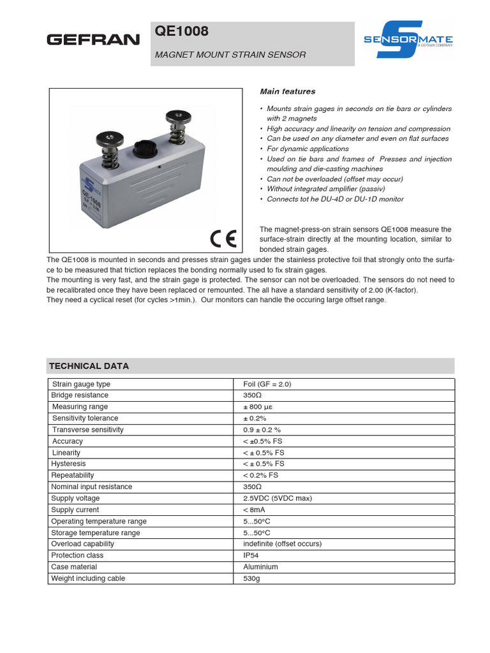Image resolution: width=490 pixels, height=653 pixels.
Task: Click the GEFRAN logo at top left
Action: tap(93, 40)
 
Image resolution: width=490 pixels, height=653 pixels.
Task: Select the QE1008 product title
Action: tap(182, 32)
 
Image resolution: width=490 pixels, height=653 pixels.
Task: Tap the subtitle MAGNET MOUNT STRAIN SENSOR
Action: tap(230, 55)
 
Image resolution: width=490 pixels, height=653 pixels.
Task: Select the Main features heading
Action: tap(287, 92)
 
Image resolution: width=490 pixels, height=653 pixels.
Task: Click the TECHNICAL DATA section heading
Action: tap(89, 366)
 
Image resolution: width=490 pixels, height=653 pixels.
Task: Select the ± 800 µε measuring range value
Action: tap(260, 407)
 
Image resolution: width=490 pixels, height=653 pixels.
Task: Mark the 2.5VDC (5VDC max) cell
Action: tap(277, 498)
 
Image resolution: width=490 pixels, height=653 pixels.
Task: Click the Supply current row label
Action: tap(75, 510)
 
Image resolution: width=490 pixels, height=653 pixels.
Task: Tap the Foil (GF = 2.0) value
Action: tap(267, 384)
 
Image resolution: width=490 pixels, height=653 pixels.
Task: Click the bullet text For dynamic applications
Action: tap(308, 149)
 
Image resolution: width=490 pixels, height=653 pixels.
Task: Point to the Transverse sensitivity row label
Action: tap(88, 430)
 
